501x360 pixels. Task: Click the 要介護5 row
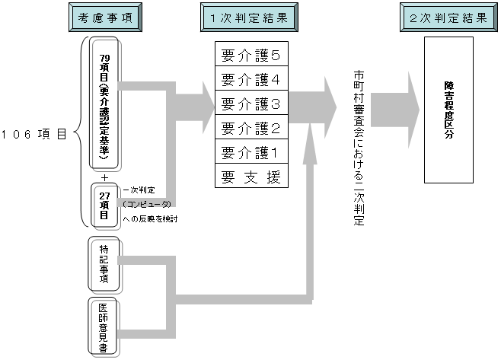251,55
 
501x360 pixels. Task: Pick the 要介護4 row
251,78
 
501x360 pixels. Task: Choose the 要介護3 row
251,103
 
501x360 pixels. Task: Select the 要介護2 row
251,127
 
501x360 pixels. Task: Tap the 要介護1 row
251,151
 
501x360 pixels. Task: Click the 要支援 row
251,177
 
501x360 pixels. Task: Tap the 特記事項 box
105,263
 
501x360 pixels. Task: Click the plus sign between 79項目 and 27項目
104,177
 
